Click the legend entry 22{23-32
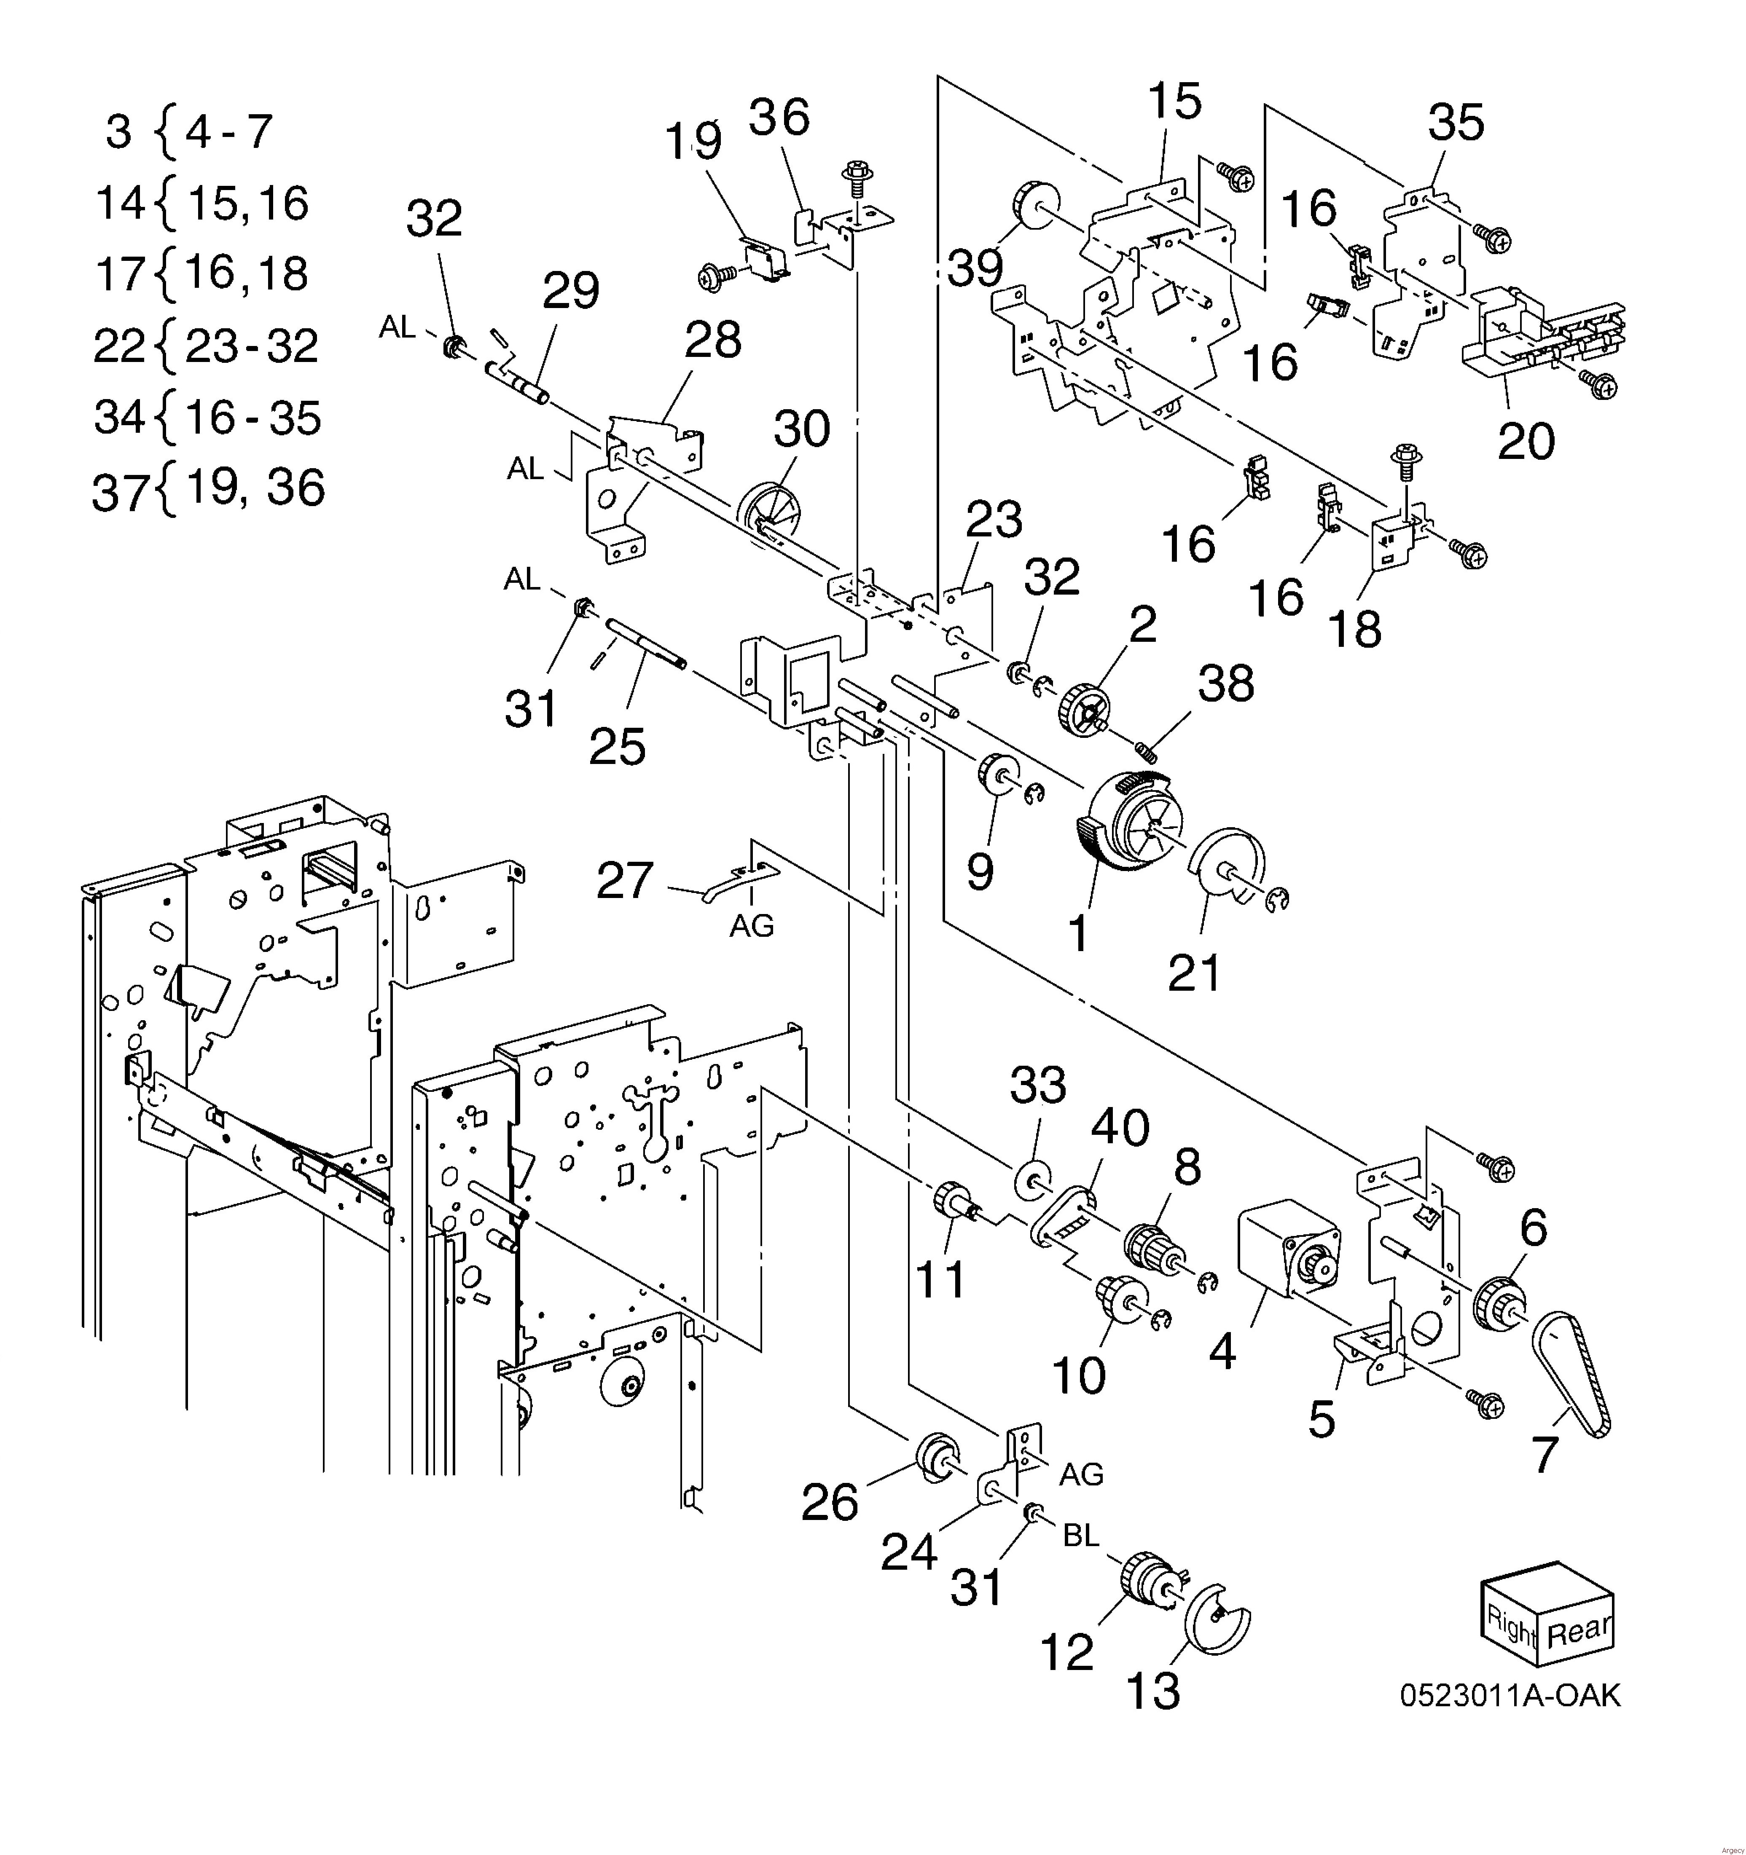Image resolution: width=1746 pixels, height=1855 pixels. (206, 346)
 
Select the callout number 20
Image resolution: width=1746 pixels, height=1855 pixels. (1526, 440)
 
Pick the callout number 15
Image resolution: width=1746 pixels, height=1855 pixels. (1174, 101)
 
